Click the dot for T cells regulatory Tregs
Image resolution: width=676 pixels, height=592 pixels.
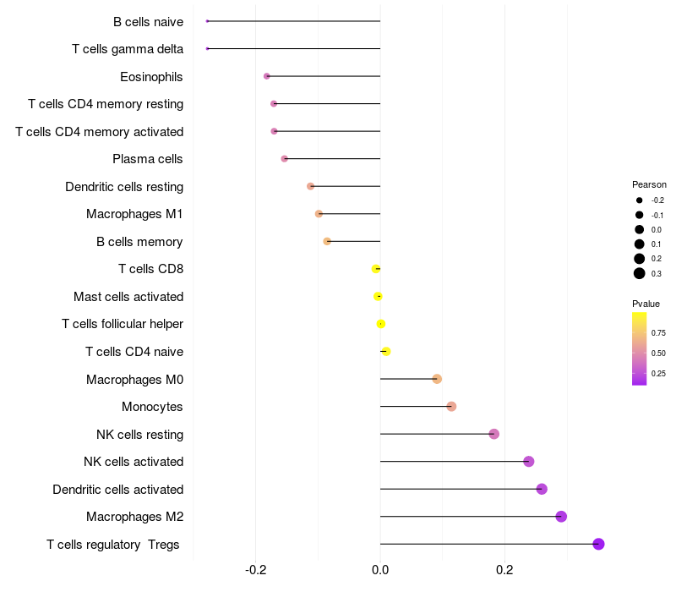[598, 544]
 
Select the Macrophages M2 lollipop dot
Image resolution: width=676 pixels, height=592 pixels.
[561, 517]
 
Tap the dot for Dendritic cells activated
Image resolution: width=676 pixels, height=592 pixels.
[542, 489]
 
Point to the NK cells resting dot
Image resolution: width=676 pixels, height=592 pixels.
[494, 434]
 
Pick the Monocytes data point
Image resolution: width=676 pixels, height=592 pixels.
[451, 407]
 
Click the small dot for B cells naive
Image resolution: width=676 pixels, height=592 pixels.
[207, 21]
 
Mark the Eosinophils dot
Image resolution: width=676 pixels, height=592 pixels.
[267, 76]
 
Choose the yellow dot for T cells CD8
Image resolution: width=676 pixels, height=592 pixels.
[376, 269]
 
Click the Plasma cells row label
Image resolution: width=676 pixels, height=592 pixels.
[147, 159]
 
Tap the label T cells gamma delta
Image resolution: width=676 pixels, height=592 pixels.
[127, 49]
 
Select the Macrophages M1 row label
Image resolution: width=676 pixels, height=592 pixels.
[134, 214]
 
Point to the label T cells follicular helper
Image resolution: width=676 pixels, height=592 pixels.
[123, 324]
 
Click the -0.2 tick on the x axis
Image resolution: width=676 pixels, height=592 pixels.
[256, 571]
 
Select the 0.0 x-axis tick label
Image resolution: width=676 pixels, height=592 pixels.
[380, 571]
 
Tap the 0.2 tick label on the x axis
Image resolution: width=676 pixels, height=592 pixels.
[504, 571]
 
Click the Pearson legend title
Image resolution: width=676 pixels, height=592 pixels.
[649, 184]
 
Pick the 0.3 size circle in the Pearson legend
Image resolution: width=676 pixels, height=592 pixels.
[640, 273]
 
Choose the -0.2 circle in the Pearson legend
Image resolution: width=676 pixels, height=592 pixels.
[640, 200]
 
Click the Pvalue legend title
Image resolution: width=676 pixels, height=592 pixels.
[646, 304]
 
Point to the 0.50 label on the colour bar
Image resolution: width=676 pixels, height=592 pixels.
[658, 353]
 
